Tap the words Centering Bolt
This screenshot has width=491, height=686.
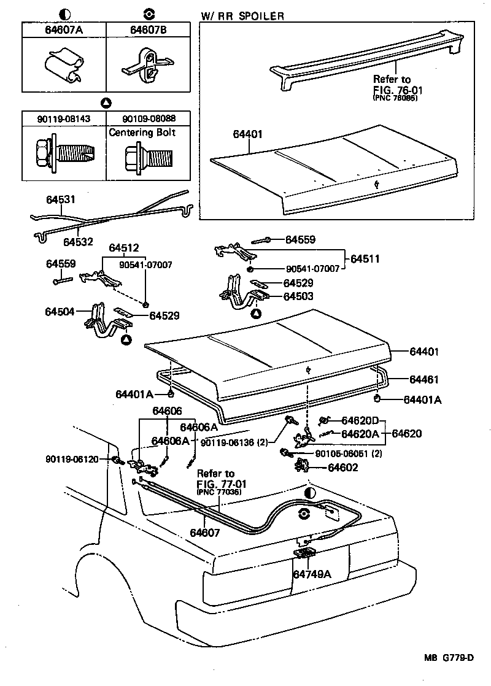[142, 132]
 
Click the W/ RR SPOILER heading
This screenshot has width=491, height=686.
[242, 16]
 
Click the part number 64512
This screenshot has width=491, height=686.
[125, 248]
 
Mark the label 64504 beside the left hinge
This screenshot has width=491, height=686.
[60, 312]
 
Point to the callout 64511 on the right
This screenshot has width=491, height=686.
[365, 260]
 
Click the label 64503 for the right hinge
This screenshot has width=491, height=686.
[298, 296]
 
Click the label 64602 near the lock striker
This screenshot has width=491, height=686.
[343, 468]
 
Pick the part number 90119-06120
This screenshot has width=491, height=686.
[72, 459]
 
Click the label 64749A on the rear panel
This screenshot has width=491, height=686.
[312, 575]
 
